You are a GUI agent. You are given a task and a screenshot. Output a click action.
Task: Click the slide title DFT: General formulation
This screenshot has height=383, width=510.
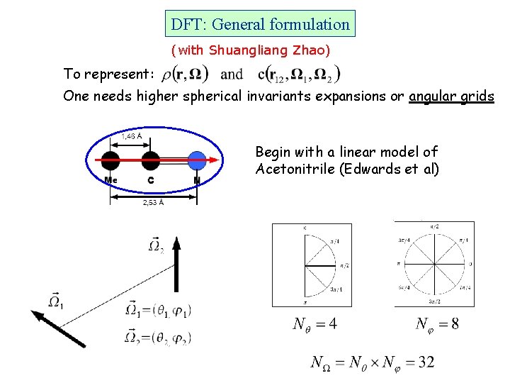(x=260, y=24)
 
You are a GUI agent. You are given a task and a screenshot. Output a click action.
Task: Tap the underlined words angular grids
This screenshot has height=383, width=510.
(x=451, y=96)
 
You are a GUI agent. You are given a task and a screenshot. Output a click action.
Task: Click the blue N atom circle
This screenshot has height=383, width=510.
(x=197, y=161)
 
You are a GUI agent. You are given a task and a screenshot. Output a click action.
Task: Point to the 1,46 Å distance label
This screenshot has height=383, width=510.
(x=131, y=135)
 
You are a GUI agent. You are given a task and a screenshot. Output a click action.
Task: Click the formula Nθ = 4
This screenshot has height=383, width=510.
(x=314, y=324)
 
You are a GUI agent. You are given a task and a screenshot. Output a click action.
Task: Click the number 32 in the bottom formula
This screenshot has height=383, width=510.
(x=426, y=362)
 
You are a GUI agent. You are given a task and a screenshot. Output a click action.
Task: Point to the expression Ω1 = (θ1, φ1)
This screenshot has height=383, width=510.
(x=159, y=309)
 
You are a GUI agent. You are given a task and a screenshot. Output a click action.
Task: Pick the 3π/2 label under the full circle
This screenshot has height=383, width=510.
(x=433, y=303)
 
